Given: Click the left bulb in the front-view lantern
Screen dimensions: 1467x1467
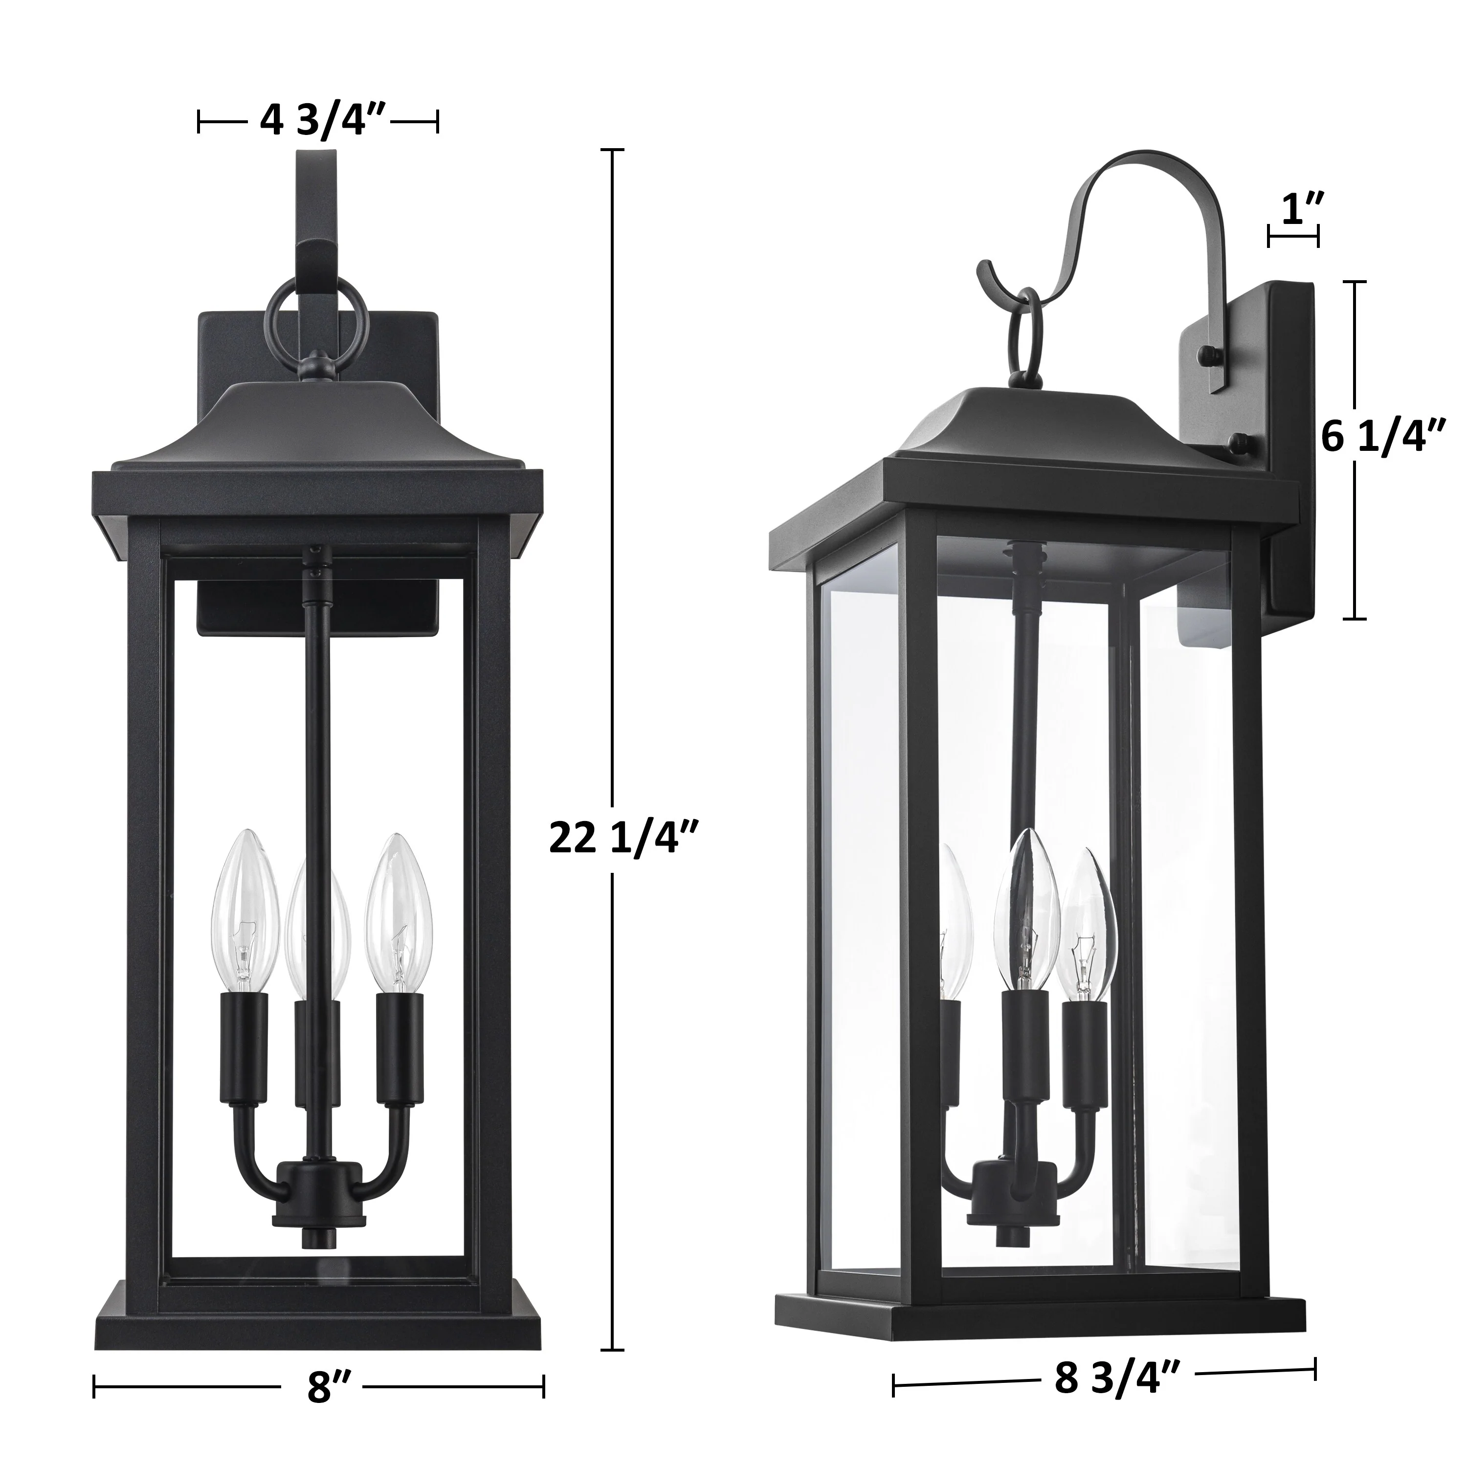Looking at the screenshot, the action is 244,914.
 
